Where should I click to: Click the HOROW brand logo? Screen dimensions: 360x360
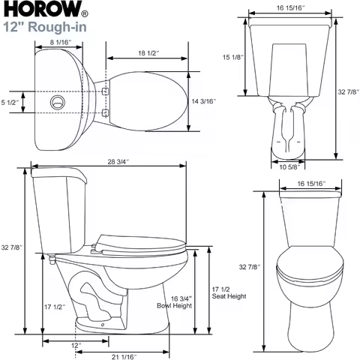pyautogui.click(x=39, y=12)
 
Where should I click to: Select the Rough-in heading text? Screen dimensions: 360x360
pyautogui.click(x=47, y=28)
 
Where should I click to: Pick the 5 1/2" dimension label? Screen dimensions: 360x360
pyautogui.click(x=10, y=101)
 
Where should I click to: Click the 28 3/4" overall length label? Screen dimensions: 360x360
pyautogui.click(x=117, y=161)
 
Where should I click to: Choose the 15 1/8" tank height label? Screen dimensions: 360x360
pyautogui.click(x=232, y=58)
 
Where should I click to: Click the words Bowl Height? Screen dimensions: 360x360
pyautogui.click(x=174, y=306)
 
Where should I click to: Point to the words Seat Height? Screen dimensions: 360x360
pyautogui.click(x=229, y=296)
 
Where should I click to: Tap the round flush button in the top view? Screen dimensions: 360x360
pyautogui.click(x=55, y=100)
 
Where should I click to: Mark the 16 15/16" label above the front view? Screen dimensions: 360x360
pyautogui.click(x=310, y=183)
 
